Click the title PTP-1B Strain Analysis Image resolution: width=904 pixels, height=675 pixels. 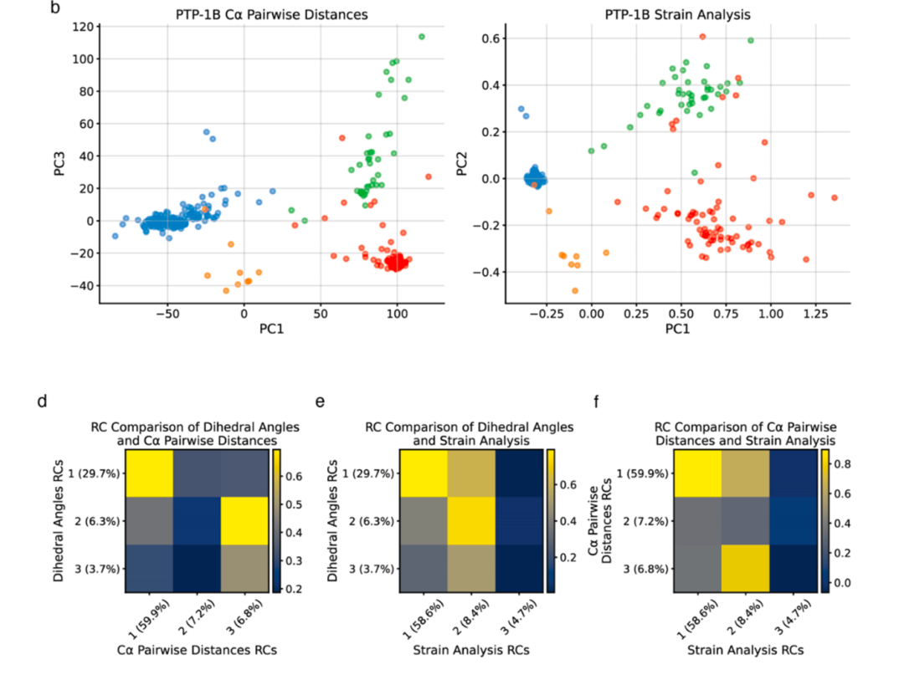pyautogui.click(x=677, y=15)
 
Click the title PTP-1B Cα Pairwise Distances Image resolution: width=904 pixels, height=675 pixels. pyautogui.click(x=261, y=15)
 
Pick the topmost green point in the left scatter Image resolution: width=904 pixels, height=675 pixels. pyautogui.click(x=422, y=37)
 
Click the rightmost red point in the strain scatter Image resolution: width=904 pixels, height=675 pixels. pyautogui.click(x=835, y=198)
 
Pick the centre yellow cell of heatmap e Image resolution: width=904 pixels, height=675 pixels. pyautogui.click(x=471, y=521)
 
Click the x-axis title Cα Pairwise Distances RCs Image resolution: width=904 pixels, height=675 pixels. pyautogui.click(x=197, y=650)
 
